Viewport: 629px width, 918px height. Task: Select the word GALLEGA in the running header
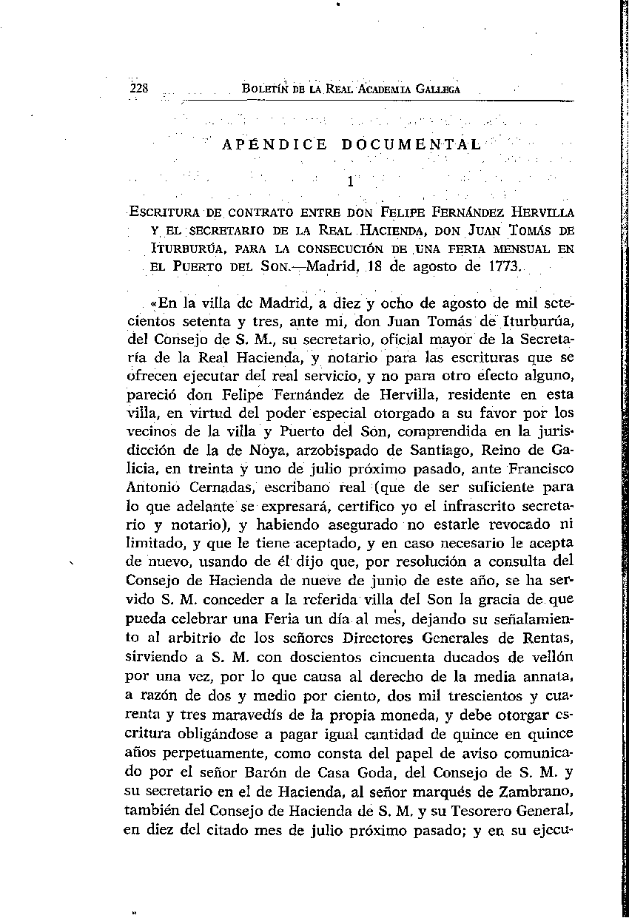[x=437, y=90]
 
